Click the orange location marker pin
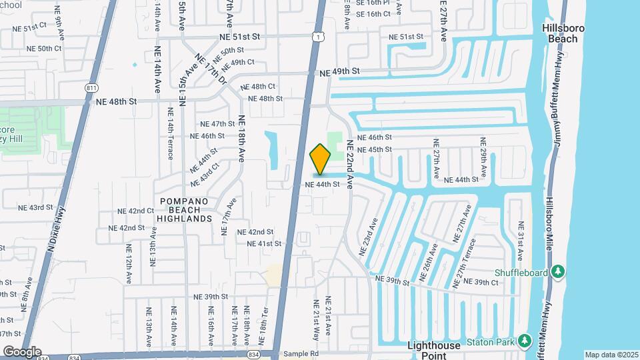(321, 159)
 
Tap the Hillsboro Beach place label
(563, 33)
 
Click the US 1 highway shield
(321, 37)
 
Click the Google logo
(21, 351)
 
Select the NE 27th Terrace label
(465, 263)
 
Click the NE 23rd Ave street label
(370, 237)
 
